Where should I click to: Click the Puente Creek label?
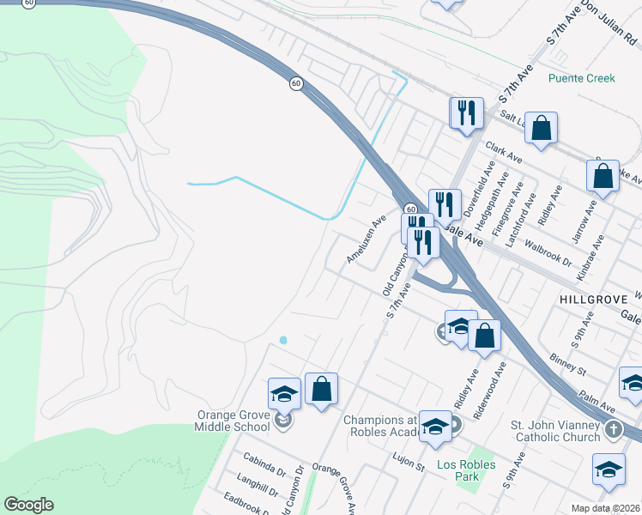click(x=582, y=78)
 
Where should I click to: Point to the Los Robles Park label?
click(x=466, y=465)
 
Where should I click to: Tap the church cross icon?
click(x=613, y=429)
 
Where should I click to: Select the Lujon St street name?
click(x=409, y=466)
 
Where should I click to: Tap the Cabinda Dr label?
click(x=264, y=470)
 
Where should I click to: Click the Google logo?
click(x=28, y=505)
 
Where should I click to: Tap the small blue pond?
click(x=283, y=340)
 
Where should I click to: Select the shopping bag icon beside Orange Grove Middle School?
click(x=321, y=390)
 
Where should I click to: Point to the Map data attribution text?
click(x=606, y=508)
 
